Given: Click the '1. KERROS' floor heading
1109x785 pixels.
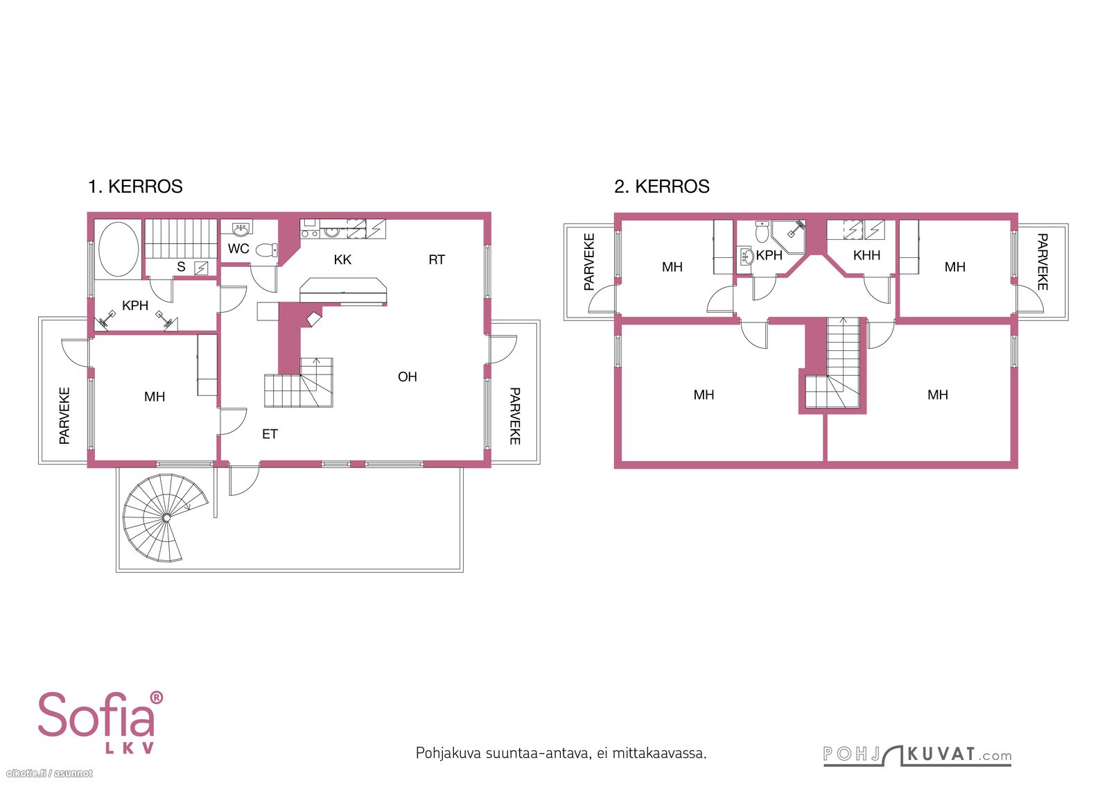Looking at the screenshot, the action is (135, 187).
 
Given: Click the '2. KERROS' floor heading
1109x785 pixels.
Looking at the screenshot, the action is (662, 187).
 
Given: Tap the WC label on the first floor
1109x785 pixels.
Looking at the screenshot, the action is (238, 249).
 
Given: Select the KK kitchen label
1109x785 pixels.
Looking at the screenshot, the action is (342, 259).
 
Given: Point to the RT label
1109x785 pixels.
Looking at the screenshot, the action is (437, 259).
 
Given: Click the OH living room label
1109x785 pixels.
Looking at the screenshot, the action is (408, 377).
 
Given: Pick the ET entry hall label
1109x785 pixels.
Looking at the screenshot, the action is (270, 434).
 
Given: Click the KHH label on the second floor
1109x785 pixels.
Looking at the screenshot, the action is (866, 256).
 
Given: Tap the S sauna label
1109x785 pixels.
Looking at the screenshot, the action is (181, 267).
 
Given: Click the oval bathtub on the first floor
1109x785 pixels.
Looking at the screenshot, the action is (119, 249).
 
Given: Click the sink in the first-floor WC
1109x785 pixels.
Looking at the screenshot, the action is (241, 229).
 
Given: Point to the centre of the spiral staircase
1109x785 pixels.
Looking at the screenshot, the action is (167, 517).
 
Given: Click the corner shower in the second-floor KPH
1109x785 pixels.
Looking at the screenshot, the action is (789, 236).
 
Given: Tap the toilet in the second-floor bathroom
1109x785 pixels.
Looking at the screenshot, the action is (762, 232).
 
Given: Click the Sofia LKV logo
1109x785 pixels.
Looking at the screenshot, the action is (101, 723).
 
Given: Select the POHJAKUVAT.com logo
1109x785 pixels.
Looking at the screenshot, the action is (918, 754).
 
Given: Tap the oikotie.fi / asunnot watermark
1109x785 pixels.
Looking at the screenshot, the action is (49, 773).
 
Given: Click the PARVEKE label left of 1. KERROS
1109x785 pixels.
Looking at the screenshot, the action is (65, 415).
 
